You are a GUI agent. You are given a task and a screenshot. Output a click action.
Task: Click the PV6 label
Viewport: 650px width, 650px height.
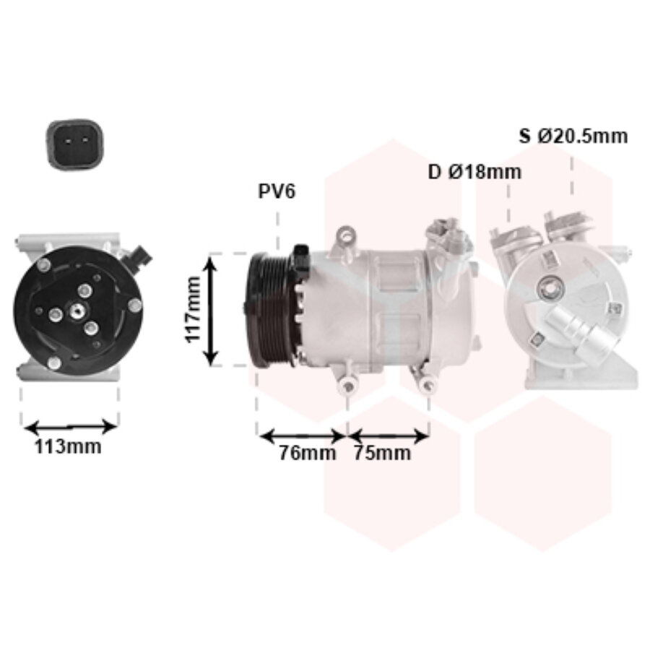pyautogui.click(x=277, y=191)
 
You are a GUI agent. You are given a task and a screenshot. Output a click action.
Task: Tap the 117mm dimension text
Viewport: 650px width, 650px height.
pyautogui.click(x=193, y=310)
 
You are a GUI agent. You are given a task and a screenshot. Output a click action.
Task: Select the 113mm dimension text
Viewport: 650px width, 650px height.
pyautogui.click(x=68, y=446)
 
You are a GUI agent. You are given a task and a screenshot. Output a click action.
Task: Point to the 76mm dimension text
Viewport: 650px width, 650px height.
pyautogui.click(x=307, y=452)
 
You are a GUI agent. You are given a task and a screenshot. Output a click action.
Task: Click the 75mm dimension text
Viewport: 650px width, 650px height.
pyautogui.click(x=382, y=452)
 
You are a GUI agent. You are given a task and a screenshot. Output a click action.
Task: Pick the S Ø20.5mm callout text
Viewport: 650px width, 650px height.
pyautogui.click(x=573, y=136)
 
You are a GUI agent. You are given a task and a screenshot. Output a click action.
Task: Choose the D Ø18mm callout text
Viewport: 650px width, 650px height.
pyautogui.click(x=474, y=172)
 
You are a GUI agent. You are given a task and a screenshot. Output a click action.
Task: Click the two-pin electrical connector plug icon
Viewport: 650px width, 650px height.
pyautogui.click(x=75, y=144)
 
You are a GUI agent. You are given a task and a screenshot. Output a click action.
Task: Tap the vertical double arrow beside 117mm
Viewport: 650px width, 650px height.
pyautogui.click(x=212, y=311)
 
